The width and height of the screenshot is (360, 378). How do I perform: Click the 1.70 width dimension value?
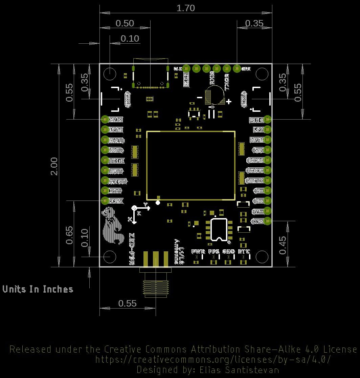pos(186,8)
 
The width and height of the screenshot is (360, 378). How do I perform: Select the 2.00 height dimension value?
pos(54,166)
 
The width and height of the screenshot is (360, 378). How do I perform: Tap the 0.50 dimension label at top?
pos(125,23)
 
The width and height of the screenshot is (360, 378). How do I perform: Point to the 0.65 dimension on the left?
pos(69,235)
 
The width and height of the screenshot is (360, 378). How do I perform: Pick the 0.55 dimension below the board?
pos(128,303)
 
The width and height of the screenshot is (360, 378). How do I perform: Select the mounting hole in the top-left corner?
pos(110,73)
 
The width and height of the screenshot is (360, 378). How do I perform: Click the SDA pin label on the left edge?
pos(116,140)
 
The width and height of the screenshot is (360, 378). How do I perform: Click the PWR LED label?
pos(198,252)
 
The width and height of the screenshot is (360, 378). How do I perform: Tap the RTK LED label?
pos(244,252)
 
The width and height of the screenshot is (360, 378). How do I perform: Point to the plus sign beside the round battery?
pos(229,101)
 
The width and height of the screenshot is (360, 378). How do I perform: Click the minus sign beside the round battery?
pos(200,98)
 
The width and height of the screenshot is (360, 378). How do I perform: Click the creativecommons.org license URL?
pos(212,359)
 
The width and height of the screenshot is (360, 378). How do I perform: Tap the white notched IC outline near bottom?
pos(219,230)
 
